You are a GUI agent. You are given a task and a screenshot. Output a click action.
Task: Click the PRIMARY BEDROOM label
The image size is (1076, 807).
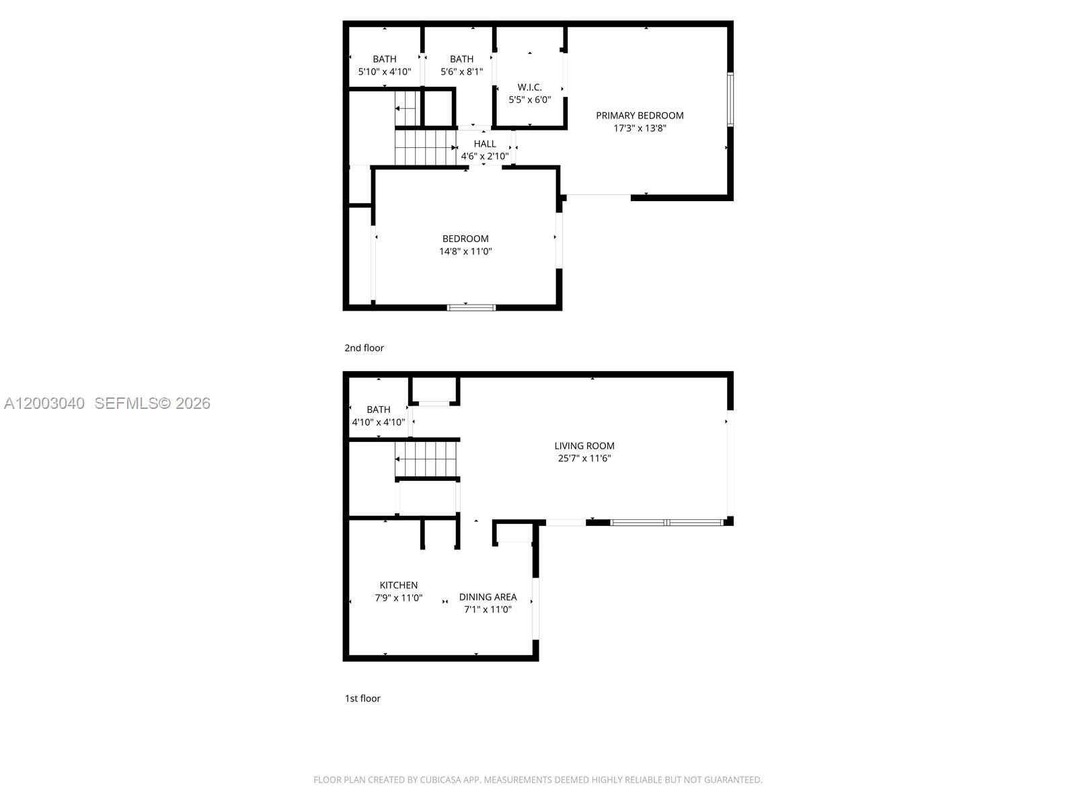(x=640, y=116)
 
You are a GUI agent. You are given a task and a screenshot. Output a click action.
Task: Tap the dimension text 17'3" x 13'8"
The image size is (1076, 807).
(x=640, y=128)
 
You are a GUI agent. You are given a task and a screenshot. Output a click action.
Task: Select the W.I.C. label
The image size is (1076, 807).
(x=529, y=87)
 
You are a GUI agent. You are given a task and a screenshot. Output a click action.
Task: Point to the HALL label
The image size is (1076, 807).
(x=485, y=144)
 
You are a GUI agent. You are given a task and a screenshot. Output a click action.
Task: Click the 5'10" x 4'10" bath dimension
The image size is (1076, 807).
(x=384, y=71)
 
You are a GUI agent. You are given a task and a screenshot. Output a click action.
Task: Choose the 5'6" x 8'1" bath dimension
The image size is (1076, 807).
(x=461, y=71)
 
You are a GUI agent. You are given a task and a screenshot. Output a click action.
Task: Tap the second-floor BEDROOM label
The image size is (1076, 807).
(x=465, y=239)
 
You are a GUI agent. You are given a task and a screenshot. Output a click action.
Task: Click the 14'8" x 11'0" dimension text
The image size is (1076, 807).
(x=465, y=252)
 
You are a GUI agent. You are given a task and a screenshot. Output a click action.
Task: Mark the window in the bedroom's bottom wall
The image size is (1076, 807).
(x=471, y=307)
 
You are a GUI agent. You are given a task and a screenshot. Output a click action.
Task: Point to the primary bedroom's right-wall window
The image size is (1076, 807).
(x=730, y=100)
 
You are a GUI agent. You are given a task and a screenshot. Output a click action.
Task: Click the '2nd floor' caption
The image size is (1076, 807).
(x=364, y=348)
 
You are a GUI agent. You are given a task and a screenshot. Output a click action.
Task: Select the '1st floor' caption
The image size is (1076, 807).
(x=362, y=698)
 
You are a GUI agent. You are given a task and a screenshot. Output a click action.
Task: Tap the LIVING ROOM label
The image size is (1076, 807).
(x=584, y=446)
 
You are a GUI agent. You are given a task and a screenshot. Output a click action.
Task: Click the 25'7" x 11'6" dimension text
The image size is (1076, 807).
(x=584, y=459)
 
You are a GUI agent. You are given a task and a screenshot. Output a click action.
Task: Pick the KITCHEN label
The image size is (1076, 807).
(x=399, y=585)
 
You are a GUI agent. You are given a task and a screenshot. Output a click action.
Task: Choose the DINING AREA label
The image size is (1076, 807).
(x=488, y=597)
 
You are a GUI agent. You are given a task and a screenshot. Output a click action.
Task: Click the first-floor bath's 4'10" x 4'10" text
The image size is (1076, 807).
(x=379, y=422)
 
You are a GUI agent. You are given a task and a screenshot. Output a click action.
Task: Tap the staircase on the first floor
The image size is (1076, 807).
(x=426, y=459)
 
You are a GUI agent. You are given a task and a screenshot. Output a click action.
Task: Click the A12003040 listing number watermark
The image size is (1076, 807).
(x=44, y=403)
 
